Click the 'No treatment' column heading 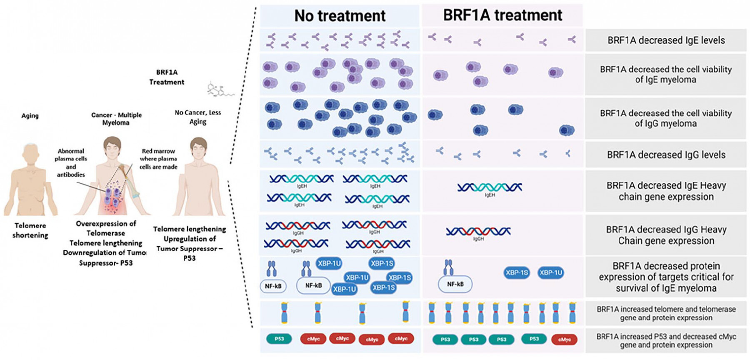coord(340,16)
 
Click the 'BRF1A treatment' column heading coord(502,15)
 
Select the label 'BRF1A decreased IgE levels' coord(666,40)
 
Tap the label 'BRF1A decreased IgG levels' coord(666,155)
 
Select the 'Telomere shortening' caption coord(30,230)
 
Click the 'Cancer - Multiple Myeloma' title coord(116,119)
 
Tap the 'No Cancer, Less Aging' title coord(198,117)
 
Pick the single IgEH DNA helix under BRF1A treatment coord(490,188)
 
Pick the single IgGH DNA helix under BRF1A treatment coord(478,231)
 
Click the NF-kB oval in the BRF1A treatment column coord(455,284)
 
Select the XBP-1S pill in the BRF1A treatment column coord(517,273)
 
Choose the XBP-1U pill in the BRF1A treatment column coord(551,273)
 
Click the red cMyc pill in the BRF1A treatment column coord(564,340)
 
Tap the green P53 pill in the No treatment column coord(279,339)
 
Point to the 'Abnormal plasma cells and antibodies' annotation coord(71,163)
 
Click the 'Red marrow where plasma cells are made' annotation coord(158,159)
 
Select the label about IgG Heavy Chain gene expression coord(666,235)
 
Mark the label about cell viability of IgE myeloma coord(666,75)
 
